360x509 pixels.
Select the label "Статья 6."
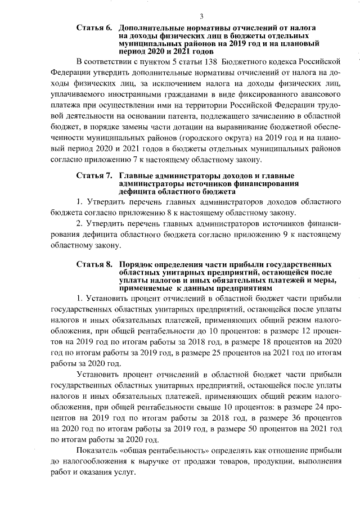(x=94, y=28)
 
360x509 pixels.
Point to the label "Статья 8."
(x=94, y=264)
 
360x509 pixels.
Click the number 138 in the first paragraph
(x=210, y=60)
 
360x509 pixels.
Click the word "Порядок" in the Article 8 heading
(x=136, y=264)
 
